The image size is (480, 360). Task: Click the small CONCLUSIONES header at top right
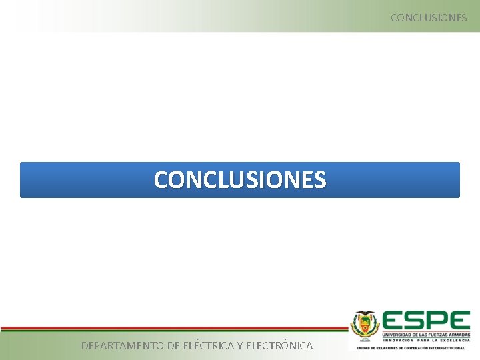click(429, 17)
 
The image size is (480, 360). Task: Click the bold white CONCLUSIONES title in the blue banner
click(240, 179)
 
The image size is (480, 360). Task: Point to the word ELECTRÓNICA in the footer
click(279, 345)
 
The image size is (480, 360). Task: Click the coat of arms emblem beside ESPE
click(365, 326)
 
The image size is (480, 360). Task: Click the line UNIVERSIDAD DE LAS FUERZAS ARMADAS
click(426, 333)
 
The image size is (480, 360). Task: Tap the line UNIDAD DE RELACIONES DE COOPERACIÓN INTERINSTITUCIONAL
click(411, 348)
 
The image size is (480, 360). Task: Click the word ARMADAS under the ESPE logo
click(459, 333)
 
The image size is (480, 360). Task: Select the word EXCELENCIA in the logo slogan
click(454, 339)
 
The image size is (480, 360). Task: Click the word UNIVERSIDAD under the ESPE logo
click(398, 333)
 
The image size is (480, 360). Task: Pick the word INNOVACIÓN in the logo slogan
click(399, 339)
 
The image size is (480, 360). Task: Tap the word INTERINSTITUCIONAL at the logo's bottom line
click(447, 348)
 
